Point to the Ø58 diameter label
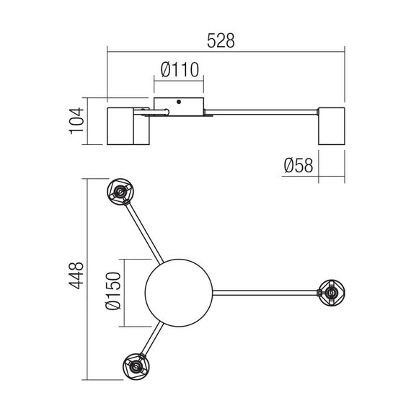coord(299,166)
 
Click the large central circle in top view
coord(179,292)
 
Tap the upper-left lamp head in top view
coord(120,192)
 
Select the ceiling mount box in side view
coord(179,106)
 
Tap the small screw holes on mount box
coord(179,102)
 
